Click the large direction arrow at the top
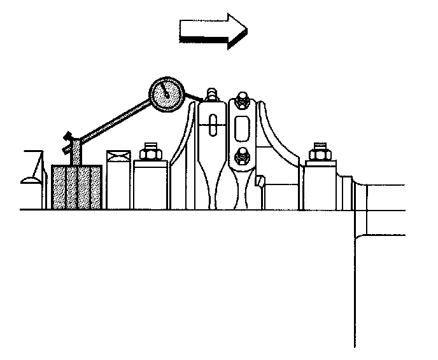(x=213, y=29)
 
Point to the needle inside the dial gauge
(x=166, y=92)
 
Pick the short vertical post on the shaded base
(x=76, y=153)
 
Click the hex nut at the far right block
(x=318, y=153)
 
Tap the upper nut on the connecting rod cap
(x=243, y=99)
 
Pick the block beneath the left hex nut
(x=150, y=184)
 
